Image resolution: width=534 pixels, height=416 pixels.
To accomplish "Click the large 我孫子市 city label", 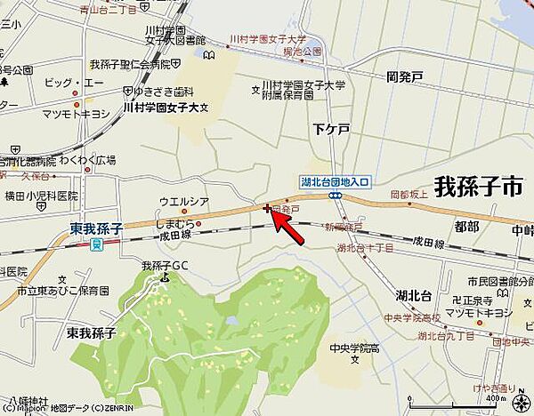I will tap(479, 187).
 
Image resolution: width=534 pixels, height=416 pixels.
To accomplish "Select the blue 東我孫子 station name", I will tap(95, 229).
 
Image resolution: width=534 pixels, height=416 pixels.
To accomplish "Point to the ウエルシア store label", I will tap(183, 202).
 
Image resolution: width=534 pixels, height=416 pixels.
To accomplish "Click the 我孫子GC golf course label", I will tap(166, 265).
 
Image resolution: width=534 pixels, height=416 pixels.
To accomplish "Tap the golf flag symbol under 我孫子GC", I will tap(165, 276).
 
